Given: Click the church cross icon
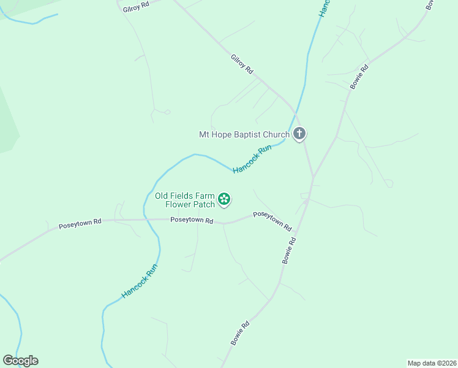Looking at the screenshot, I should tap(299, 133).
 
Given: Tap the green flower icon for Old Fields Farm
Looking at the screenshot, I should tap(225, 198).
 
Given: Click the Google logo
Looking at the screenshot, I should tap(20, 361).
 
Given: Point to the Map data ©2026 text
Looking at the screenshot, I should tap(431, 362).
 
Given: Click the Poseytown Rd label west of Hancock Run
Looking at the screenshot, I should tap(80, 224).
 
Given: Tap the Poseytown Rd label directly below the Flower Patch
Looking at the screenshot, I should tap(192, 220).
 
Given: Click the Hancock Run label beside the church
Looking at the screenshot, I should tap(252, 158).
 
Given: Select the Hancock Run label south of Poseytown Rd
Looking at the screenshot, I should tap(140, 281).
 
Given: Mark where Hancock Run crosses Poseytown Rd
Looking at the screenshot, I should tap(145, 219).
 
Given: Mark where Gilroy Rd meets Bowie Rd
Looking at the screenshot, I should tap(313, 177).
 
